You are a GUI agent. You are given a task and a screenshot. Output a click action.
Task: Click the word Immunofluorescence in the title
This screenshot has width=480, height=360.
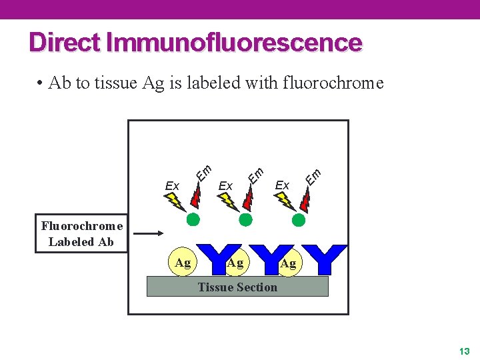pos(234,42)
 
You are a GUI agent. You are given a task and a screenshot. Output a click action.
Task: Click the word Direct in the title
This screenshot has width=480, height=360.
pos(65,42)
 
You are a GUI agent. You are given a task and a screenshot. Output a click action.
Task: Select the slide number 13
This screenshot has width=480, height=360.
pos(465,351)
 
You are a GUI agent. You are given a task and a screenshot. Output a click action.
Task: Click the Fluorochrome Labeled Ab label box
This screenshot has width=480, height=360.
pos(81,234)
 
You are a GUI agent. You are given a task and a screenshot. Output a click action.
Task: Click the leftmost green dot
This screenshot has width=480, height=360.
pos(193,219)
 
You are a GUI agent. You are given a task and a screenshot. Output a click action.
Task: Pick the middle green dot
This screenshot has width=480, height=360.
pos(246,219)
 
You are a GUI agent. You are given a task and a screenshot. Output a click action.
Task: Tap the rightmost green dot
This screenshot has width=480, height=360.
pos(299,219)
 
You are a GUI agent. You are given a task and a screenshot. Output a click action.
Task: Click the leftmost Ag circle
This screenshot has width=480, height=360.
pos(182,263)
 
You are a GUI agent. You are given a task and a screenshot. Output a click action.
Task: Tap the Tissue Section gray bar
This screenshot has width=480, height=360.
pos(237,287)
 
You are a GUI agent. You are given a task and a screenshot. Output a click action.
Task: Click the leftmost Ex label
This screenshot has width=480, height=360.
pos(172,185)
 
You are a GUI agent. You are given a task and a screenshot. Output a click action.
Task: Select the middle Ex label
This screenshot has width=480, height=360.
pos(225,185)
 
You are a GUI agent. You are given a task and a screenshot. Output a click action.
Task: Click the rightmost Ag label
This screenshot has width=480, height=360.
pos(288,264)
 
